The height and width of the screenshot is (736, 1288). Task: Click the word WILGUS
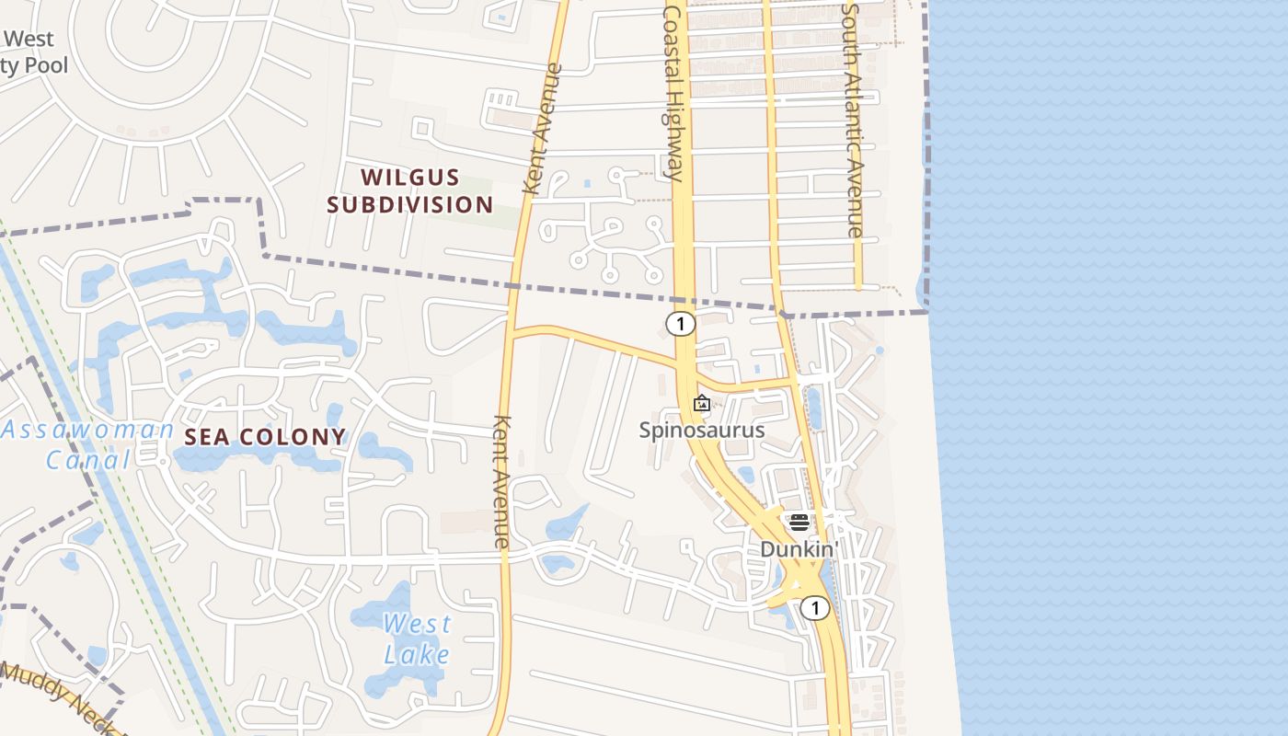coord(409,177)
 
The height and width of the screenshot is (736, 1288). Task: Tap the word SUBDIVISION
coord(409,204)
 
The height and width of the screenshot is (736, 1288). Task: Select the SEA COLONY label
coord(265,437)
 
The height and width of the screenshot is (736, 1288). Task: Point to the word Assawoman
coord(87,430)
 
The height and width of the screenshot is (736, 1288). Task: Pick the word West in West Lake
coord(417,624)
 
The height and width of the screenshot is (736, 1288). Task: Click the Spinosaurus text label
coord(702,430)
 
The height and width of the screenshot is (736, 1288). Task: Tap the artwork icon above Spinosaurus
coord(702,403)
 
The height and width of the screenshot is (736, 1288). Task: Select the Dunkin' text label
coord(798,549)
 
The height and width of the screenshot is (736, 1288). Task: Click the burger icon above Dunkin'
coord(799,523)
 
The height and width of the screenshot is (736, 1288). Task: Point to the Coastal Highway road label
coord(673,92)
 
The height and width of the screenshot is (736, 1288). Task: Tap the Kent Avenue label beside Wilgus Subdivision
coord(542,129)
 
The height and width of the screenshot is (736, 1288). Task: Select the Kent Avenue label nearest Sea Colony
coord(501,482)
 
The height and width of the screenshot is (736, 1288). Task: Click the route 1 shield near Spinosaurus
coord(680,323)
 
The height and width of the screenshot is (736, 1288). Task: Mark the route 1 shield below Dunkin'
coord(814,607)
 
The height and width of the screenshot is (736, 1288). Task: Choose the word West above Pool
coord(29,40)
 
